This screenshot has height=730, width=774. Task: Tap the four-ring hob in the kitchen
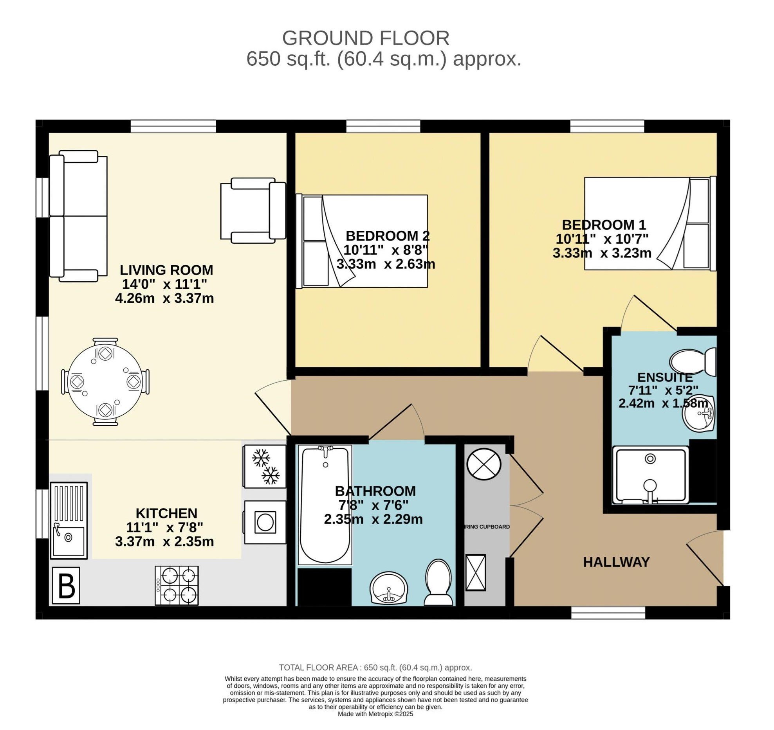coord(177,585)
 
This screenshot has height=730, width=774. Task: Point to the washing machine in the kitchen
coord(265,522)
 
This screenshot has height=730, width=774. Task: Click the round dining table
coord(105,382)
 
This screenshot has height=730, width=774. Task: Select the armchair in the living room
coord(253,210)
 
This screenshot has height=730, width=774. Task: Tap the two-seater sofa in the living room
coord(78,216)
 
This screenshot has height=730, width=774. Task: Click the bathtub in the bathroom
coord(325,505)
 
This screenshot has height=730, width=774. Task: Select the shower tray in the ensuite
coord(650,475)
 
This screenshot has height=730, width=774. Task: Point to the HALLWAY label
coord(616,562)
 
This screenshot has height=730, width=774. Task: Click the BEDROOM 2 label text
coord(388,236)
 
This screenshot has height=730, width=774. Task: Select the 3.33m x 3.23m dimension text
coord(602,253)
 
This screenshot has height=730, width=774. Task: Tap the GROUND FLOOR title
coord(365,38)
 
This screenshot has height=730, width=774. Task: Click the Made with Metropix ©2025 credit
coord(375,714)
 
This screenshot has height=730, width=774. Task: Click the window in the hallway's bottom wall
coord(608,613)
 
